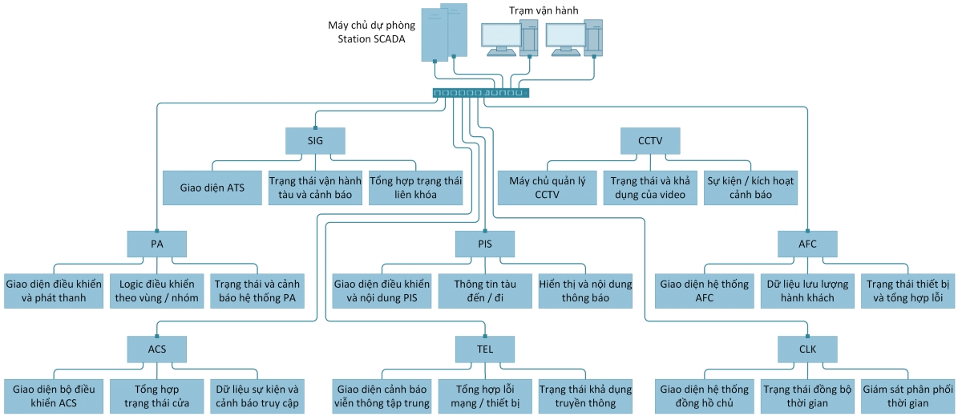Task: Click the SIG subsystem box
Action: pos(315,141)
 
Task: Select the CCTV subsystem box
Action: pos(650,141)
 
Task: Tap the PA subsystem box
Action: pos(156,244)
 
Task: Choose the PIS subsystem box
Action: pos(484,244)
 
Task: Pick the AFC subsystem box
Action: pos(807,244)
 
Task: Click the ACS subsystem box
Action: pos(156,349)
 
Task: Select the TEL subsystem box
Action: pos(484,349)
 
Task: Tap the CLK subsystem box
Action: pos(807,349)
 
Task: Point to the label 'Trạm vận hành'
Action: pos(544,10)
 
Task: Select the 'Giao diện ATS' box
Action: pos(213,188)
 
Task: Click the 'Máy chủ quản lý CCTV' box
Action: pos(548,188)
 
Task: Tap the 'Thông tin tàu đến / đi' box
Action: pos(484,291)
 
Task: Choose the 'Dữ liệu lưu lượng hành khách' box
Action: pos(807,291)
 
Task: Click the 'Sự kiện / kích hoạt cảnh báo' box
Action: pos(750,188)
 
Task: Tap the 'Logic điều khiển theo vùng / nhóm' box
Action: pos(157,291)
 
